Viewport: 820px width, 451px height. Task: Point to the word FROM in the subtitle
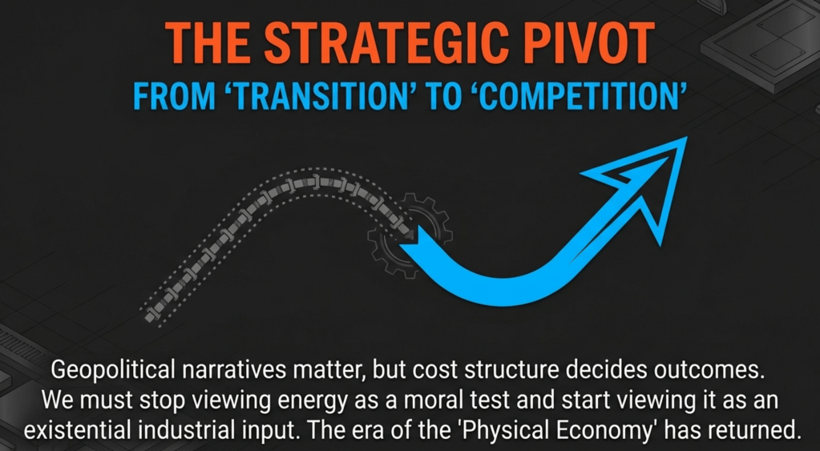point(174,97)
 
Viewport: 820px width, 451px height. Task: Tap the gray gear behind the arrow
point(410,235)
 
